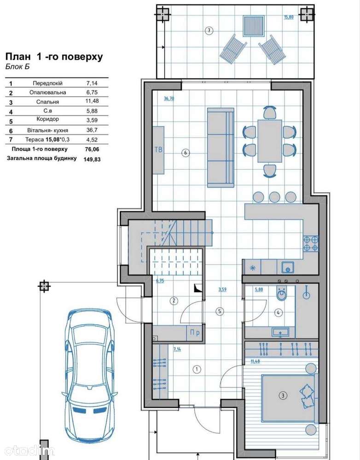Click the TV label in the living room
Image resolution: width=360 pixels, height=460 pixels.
tap(158, 149)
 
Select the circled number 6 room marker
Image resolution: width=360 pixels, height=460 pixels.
tap(185, 153)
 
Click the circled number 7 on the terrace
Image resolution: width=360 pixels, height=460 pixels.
tap(209, 30)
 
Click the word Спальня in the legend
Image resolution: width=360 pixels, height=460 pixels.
tap(47, 102)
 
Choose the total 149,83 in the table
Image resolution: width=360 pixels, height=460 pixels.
tap(92, 159)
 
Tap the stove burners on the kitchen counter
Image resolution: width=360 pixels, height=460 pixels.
tap(311, 244)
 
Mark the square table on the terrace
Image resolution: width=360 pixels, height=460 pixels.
tap(253, 26)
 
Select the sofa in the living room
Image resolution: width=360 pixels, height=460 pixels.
tap(221, 148)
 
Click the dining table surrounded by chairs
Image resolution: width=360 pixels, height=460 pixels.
tap(270, 141)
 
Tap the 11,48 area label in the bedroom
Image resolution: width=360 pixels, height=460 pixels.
tap(255, 362)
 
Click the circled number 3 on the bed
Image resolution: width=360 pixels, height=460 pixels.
tap(283, 396)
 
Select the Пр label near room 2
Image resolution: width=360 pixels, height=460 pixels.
tap(195, 333)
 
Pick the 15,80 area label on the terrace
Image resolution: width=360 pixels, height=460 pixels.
tap(289, 17)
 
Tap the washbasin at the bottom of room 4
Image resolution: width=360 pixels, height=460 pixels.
tap(280, 332)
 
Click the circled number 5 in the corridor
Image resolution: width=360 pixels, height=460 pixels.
tap(220, 311)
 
